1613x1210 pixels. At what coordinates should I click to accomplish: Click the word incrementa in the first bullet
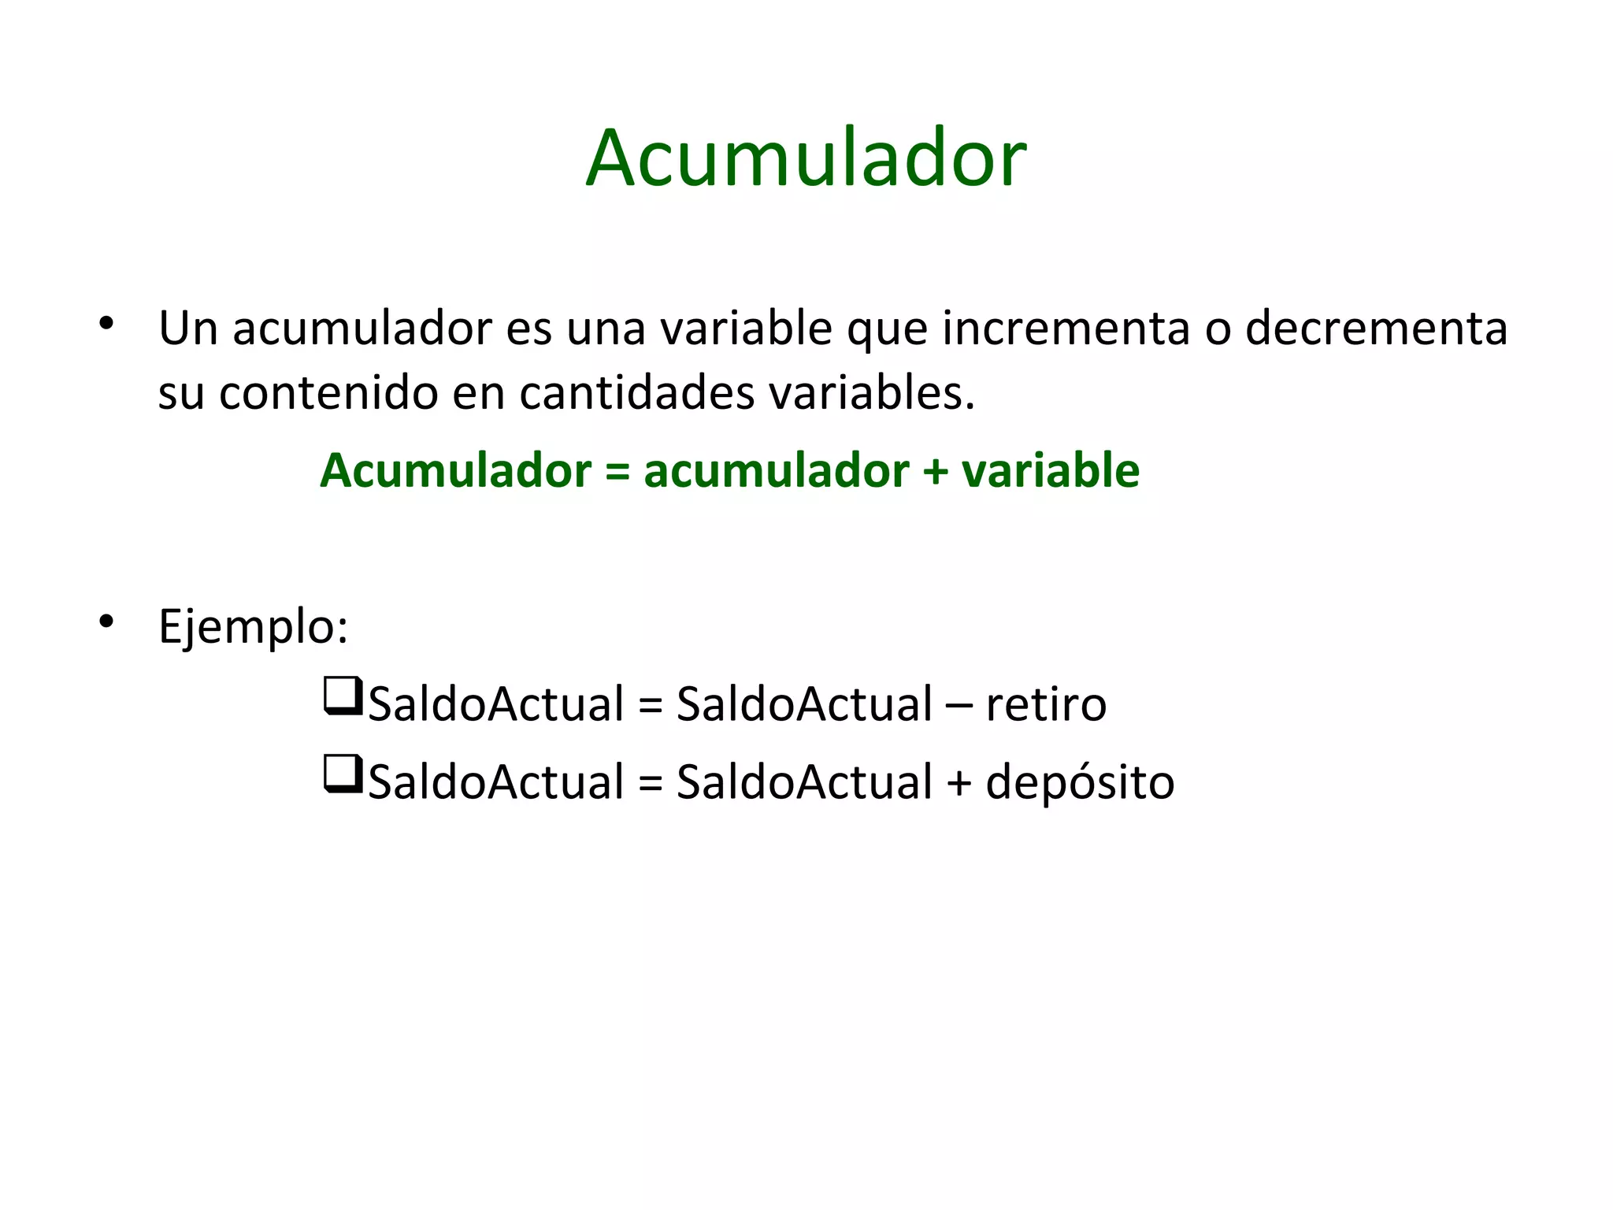[1066, 328]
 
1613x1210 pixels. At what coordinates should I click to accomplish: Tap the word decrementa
[1376, 328]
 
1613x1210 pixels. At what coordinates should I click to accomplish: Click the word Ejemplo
[252, 627]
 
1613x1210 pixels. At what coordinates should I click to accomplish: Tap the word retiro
[1045, 703]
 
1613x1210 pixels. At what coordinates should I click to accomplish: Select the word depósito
[1080, 782]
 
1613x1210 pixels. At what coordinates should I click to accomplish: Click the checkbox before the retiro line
[343, 696]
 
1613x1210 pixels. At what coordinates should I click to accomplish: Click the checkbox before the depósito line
[343, 774]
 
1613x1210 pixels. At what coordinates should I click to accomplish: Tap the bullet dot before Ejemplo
[106, 622]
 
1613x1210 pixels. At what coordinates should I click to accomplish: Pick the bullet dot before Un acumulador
[106, 324]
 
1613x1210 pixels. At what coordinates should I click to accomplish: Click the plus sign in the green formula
[935, 471]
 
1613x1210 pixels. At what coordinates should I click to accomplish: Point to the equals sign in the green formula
[617, 471]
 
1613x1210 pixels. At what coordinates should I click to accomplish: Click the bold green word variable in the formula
[1050, 471]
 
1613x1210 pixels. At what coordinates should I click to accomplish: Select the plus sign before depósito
[959, 783]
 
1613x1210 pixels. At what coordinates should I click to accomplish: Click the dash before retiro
[959, 704]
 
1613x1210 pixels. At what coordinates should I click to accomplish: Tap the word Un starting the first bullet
[188, 328]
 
